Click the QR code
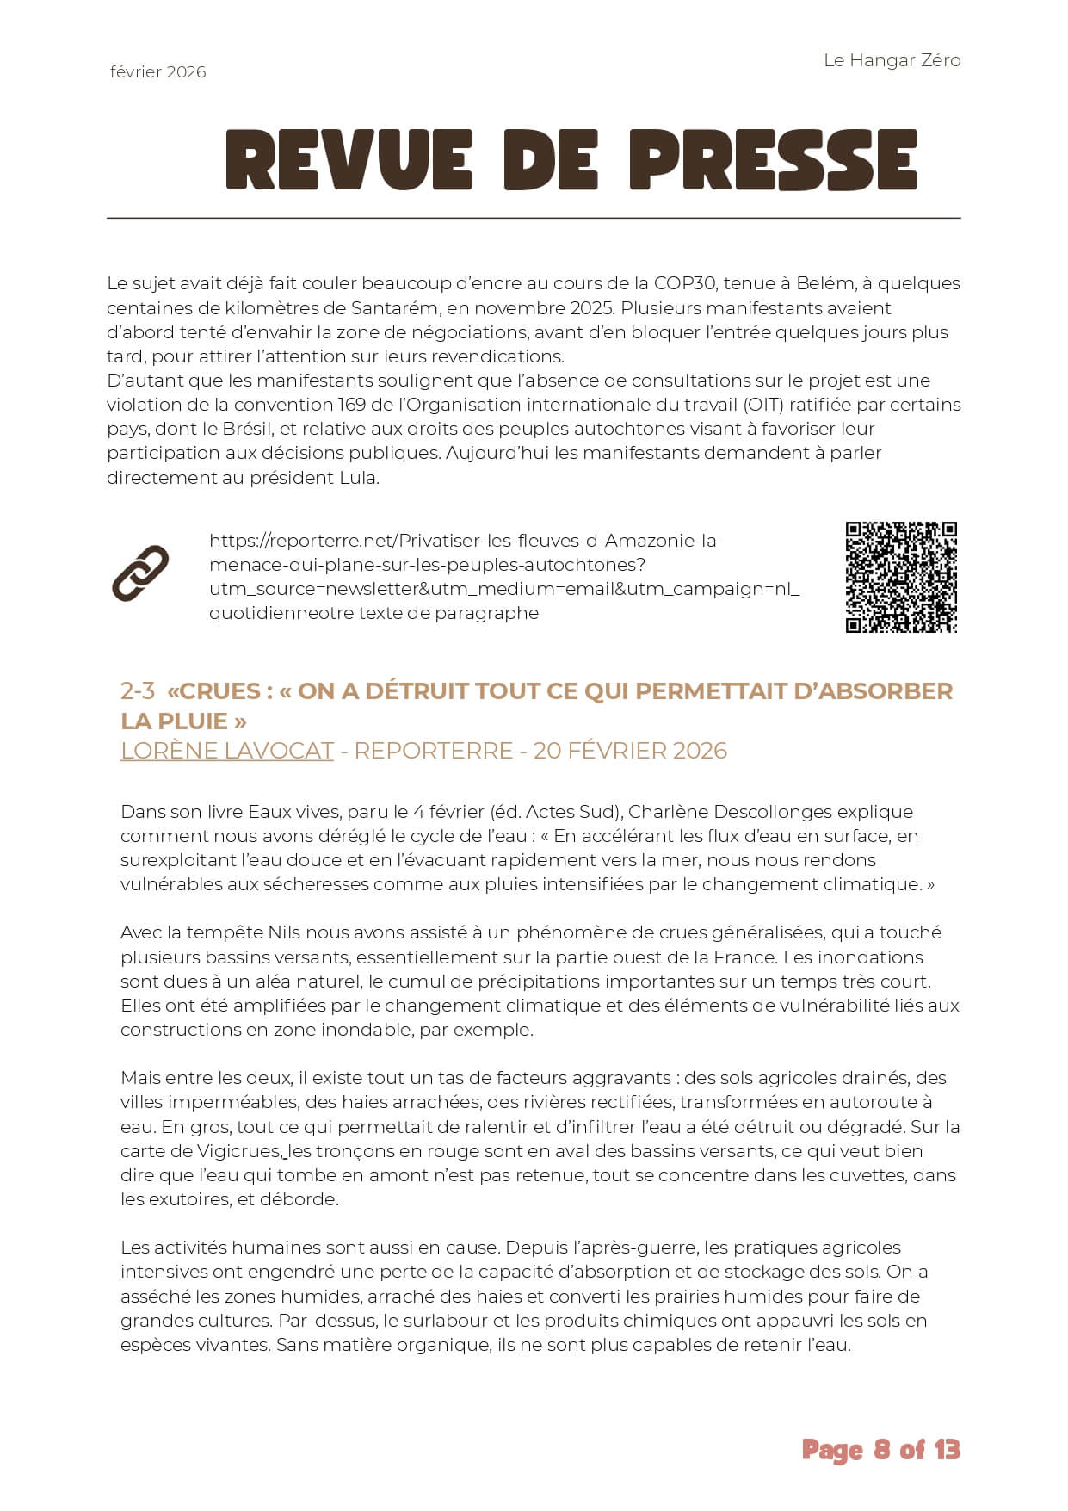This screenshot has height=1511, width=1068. tap(901, 577)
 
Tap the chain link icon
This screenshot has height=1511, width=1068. tap(140, 573)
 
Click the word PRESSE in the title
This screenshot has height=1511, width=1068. tap(774, 160)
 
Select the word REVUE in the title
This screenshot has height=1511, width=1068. tap(349, 160)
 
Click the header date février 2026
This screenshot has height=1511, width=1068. tap(158, 72)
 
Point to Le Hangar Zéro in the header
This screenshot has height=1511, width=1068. tap(892, 60)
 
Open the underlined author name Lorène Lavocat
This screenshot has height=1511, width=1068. tap(226, 751)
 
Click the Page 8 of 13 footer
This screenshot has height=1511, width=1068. tap(880, 1451)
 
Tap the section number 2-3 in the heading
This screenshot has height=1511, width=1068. tap(138, 691)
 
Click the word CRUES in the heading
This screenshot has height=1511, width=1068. tap(219, 691)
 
